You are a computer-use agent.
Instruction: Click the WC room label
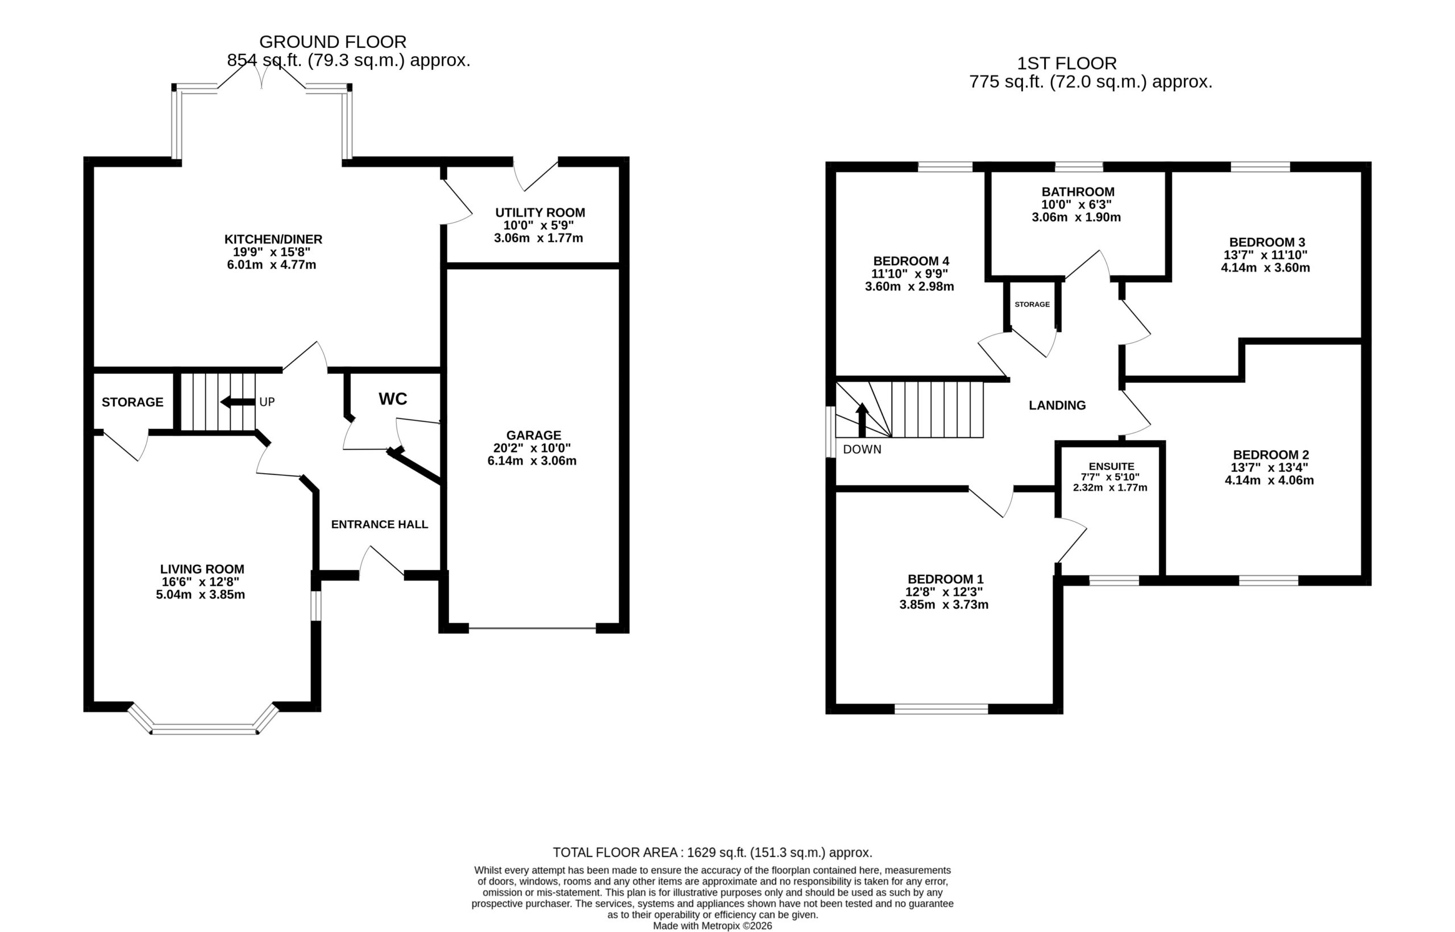[x=393, y=399]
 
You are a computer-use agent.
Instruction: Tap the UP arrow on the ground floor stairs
[x=238, y=403]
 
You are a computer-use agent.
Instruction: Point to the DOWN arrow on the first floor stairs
[x=862, y=419]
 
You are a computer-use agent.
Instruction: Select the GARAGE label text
[x=534, y=435]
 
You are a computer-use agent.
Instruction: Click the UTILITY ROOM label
[x=540, y=212]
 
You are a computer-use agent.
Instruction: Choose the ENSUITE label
[x=1111, y=467]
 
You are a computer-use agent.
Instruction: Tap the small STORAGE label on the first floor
[x=1032, y=304]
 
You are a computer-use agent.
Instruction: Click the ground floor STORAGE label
[x=132, y=403]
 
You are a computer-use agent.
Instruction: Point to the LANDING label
[x=1057, y=406]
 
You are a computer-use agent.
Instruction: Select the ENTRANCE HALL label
[x=380, y=525]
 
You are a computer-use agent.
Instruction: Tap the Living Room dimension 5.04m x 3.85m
[x=201, y=594]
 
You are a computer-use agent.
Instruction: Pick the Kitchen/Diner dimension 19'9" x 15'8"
[x=272, y=252]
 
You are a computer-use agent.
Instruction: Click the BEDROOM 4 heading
[x=911, y=261]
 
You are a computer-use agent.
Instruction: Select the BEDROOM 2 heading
[x=1271, y=454]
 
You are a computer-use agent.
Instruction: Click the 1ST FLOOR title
[x=1066, y=64]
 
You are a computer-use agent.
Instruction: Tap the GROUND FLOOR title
[x=333, y=42]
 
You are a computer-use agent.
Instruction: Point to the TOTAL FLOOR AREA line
[x=713, y=852]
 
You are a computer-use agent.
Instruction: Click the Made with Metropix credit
[x=713, y=926]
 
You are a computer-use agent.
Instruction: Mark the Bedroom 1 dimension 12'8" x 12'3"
[x=944, y=592]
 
